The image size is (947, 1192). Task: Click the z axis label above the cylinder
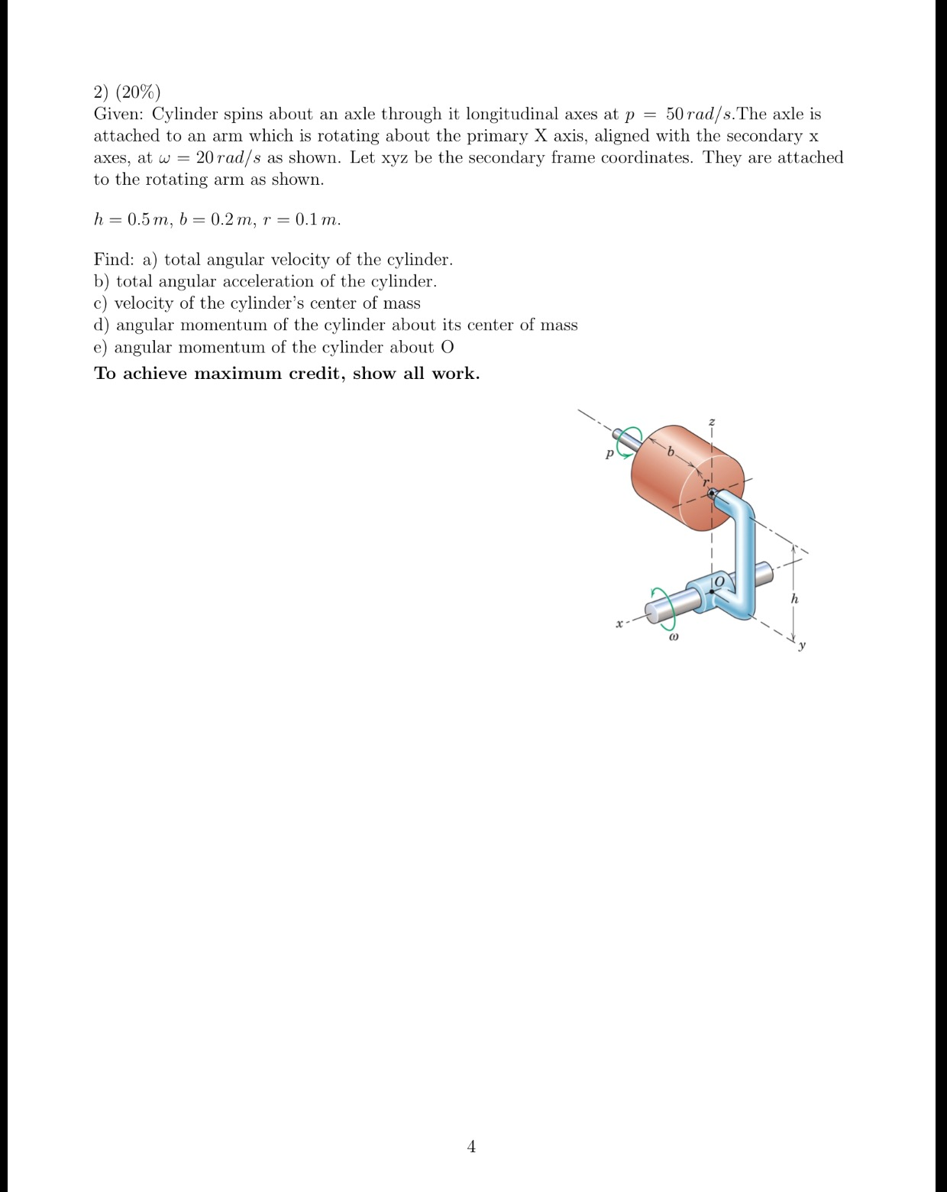(712, 422)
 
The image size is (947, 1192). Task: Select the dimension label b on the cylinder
(671, 452)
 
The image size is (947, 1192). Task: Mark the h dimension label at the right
(794, 599)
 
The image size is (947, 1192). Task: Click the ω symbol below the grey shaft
(672, 636)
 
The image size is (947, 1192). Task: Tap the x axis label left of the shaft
(620, 624)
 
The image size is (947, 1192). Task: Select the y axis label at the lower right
(802, 646)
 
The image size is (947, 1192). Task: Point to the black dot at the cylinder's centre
(712, 494)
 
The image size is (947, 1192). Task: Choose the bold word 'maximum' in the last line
(238, 374)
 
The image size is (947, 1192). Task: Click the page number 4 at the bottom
(471, 1145)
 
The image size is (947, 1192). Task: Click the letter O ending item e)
(447, 348)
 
